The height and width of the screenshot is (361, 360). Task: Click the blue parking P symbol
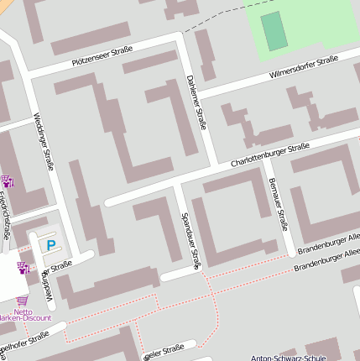(51, 245)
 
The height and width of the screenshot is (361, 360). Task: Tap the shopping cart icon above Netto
(22, 300)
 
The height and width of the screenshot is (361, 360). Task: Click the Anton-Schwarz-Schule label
(288, 358)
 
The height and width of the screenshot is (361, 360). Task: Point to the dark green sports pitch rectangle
(274, 31)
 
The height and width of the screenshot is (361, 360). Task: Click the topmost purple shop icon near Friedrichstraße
(8, 180)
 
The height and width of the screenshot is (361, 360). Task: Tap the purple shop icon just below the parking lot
(23, 269)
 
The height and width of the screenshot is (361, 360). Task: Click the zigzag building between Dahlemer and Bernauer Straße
(244, 126)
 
